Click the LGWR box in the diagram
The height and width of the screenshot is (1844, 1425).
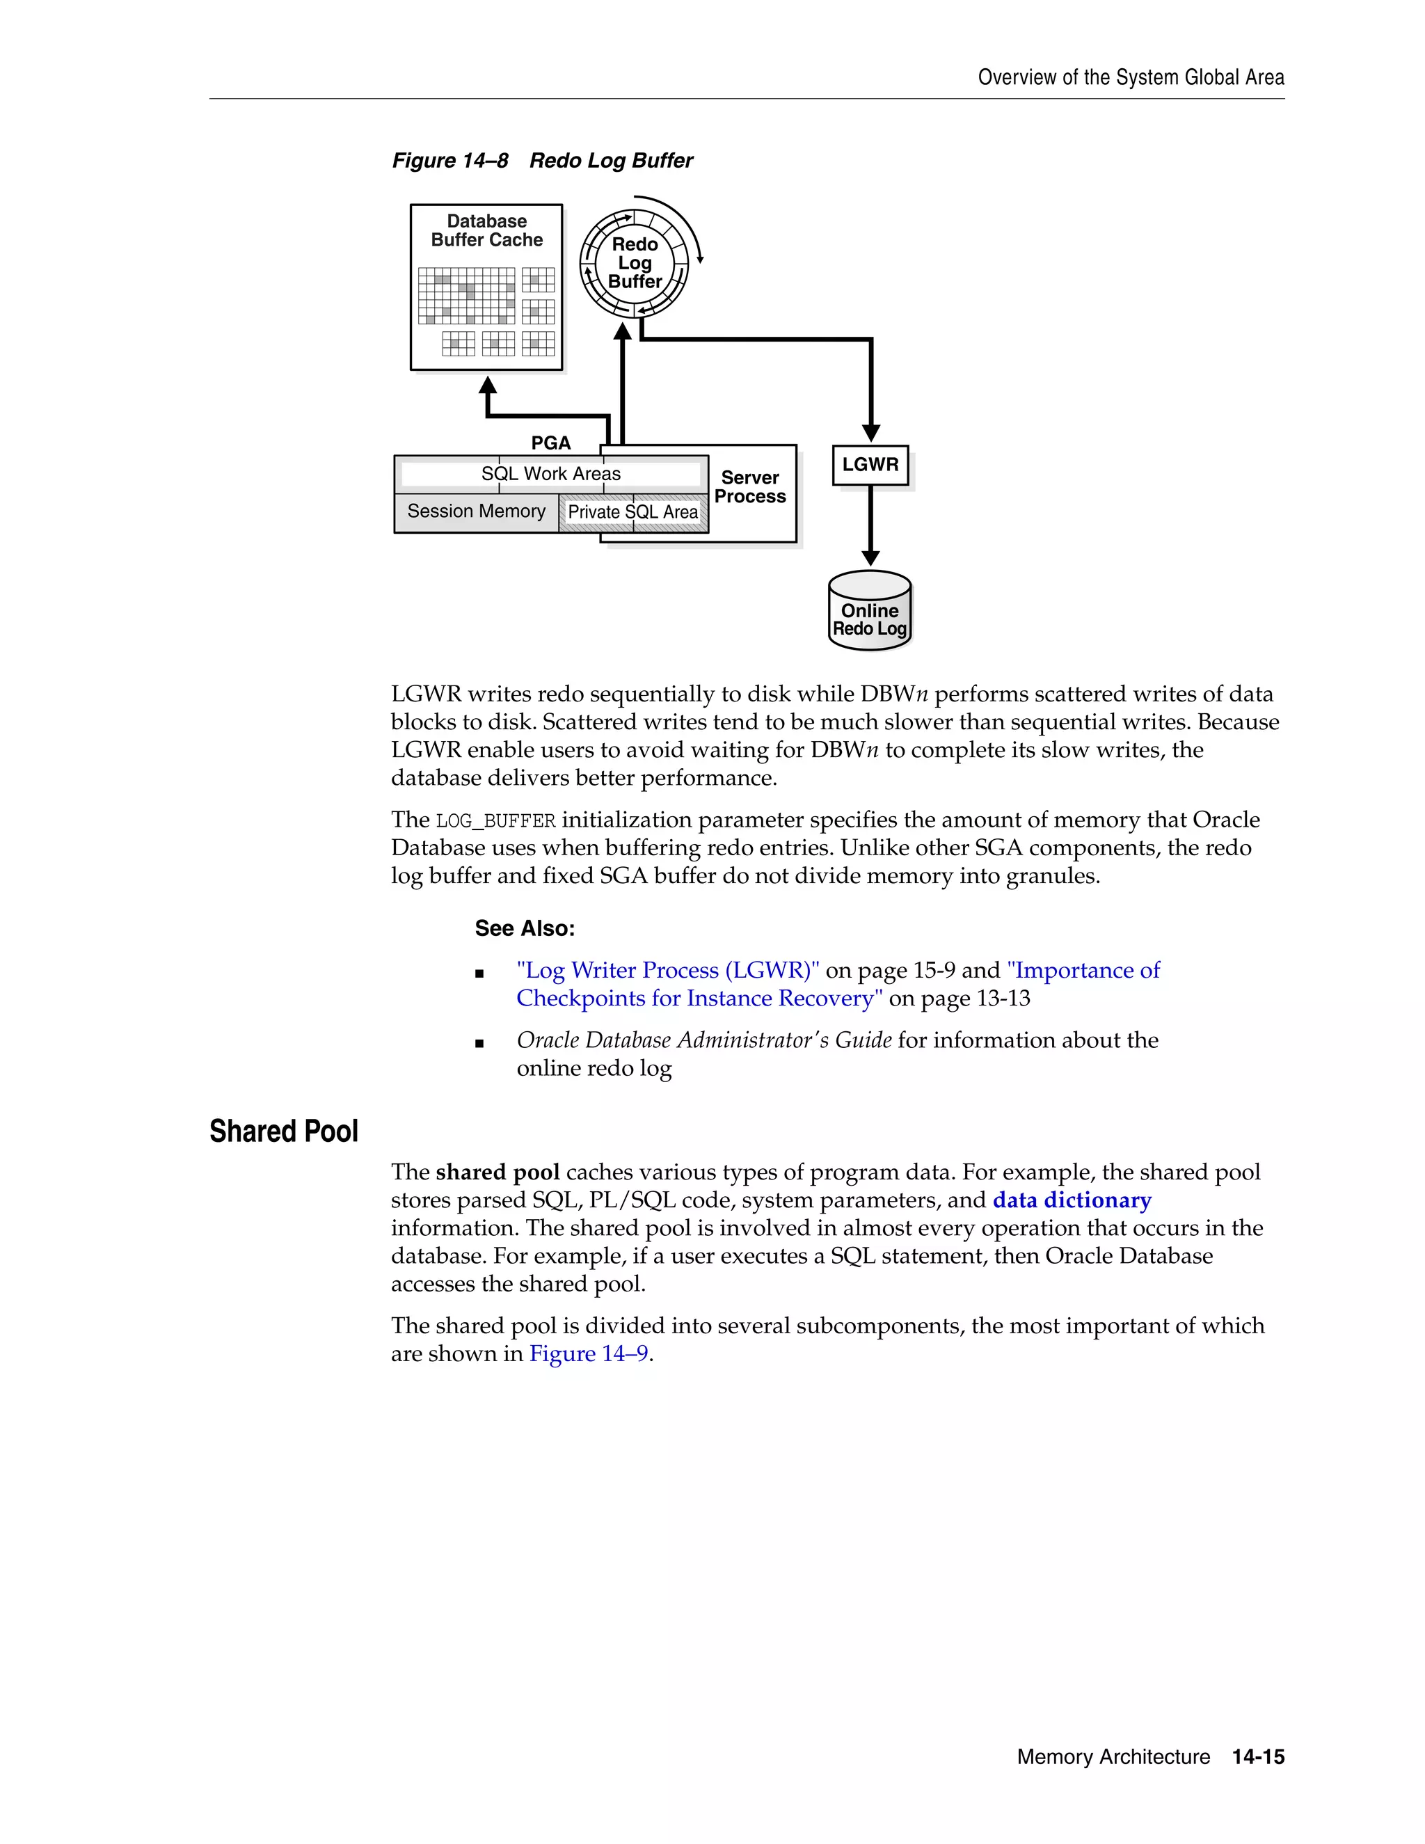click(870, 466)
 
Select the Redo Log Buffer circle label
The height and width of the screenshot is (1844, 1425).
click(635, 262)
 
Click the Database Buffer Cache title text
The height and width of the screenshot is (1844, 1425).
click(486, 230)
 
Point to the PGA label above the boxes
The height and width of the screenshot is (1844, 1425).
click(550, 443)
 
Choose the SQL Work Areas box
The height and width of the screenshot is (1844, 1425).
click(550, 474)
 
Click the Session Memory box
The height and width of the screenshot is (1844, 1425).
click(476, 511)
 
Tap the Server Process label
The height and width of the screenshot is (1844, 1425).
click(749, 487)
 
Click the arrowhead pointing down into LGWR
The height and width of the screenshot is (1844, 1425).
click(871, 433)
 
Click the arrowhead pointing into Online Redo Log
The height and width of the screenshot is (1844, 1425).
click(871, 559)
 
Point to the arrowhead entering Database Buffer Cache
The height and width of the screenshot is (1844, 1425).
click(488, 385)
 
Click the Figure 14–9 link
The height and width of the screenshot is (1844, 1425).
click(589, 1353)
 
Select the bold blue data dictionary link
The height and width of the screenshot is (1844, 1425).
click(1072, 1200)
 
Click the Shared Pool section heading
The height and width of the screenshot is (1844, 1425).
click(284, 1131)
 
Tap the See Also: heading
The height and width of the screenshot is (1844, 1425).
click(524, 929)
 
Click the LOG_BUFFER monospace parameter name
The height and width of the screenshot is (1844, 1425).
click(495, 820)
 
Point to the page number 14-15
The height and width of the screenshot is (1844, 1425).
click(1258, 1757)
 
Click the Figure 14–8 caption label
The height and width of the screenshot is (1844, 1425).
click(450, 161)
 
